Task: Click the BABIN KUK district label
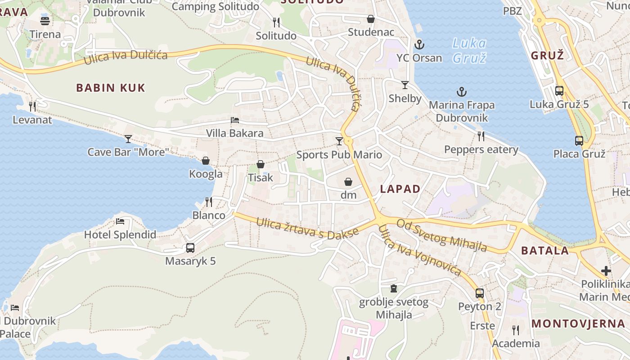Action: point(111,88)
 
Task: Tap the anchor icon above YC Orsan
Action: point(419,45)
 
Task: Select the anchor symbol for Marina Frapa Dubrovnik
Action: point(462,92)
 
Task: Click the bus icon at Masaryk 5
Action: point(190,247)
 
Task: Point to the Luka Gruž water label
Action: point(469,50)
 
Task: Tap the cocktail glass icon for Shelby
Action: point(405,85)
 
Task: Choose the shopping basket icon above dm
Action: point(348,182)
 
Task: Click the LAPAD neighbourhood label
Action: point(400,189)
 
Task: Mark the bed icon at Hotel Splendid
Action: point(120,221)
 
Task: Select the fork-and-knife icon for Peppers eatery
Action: point(481,136)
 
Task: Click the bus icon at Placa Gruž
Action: point(579,140)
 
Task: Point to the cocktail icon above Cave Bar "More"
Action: point(128,139)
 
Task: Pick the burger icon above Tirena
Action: point(45,20)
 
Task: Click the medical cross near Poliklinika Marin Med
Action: point(606,271)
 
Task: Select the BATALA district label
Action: point(545,251)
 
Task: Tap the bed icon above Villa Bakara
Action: point(235,120)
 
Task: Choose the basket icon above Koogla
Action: point(206,161)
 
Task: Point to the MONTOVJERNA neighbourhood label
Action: point(578,324)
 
